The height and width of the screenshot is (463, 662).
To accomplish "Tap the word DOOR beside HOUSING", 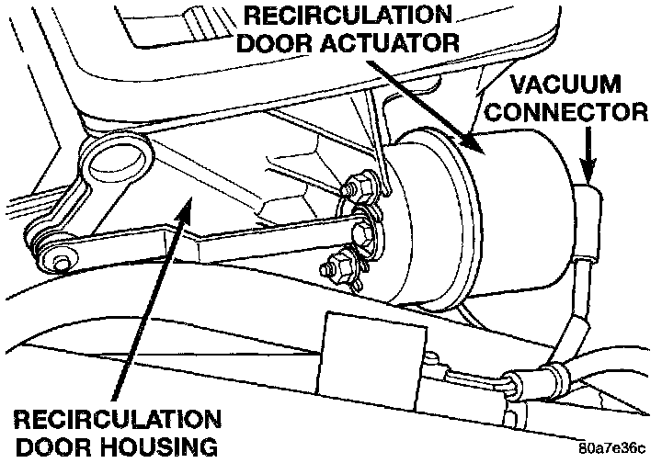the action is coord(47,448).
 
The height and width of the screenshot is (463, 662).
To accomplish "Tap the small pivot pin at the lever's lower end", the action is coord(61,264).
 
